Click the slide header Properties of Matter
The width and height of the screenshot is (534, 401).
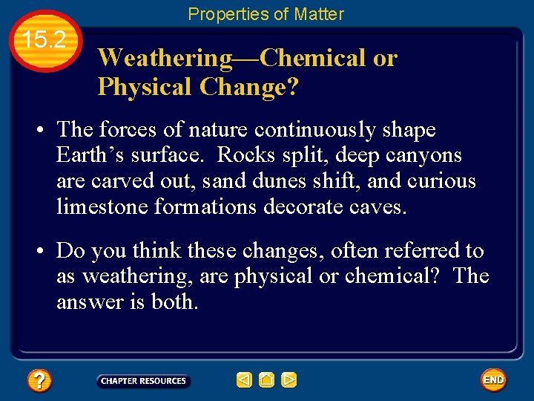266,13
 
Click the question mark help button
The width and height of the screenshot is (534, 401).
39,381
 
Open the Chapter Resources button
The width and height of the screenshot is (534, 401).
143,381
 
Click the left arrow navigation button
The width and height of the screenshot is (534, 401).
244,380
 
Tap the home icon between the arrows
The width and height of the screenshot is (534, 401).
266,380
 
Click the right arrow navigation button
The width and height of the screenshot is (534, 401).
289,380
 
